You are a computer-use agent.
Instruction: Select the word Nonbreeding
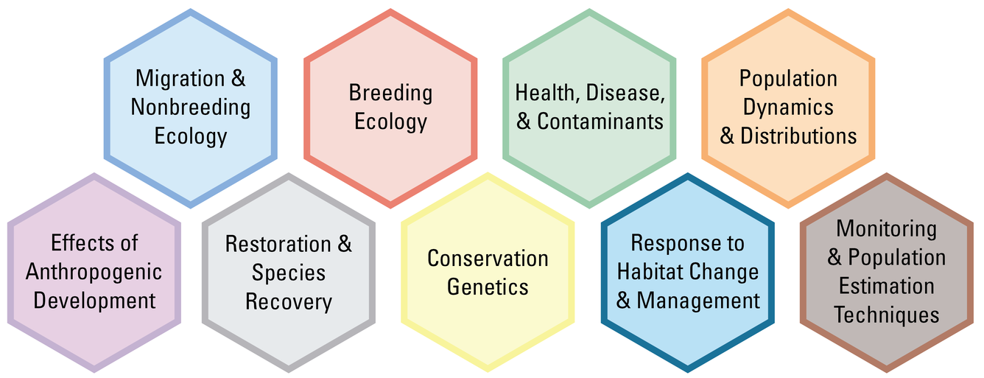click(x=191, y=108)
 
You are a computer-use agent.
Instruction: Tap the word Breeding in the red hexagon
click(x=390, y=93)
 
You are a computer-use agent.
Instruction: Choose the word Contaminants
click(x=600, y=122)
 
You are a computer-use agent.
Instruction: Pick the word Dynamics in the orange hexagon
click(x=788, y=108)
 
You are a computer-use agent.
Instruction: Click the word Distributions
click(x=798, y=136)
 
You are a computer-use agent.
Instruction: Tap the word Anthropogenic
click(x=94, y=272)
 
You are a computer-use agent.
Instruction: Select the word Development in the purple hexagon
click(x=94, y=301)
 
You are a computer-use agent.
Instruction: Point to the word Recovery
click(x=289, y=301)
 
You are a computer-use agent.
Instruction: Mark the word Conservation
click(x=488, y=259)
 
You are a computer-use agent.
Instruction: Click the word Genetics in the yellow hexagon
click(x=488, y=287)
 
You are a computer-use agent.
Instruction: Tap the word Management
click(x=698, y=301)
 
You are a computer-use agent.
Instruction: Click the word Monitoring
click(x=887, y=228)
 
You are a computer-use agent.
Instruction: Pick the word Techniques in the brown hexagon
click(x=887, y=315)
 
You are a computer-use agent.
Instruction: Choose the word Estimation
click(x=887, y=286)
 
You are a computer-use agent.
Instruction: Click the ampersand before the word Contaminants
click(x=524, y=122)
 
